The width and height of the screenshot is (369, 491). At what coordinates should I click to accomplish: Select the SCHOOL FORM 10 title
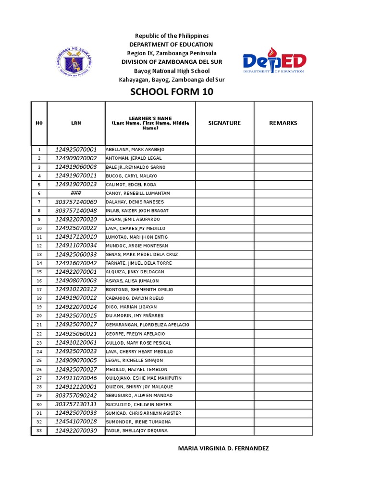pyautogui.click(x=172, y=92)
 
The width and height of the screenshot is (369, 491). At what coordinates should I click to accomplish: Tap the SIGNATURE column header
pyautogui.click(x=224, y=123)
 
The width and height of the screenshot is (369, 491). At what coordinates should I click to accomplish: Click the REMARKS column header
pyautogui.click(x=283, y=123)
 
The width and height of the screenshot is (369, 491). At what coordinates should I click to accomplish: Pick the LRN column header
pyautogui.click(x=76, y=123)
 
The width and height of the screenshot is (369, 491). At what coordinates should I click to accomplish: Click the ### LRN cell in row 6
pyautogui.click(x=76, y=193)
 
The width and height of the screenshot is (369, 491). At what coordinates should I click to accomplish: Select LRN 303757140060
pyautogui.click(x=76, y=202)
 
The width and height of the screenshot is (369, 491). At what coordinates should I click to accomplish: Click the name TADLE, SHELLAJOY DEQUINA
pyautogui.click(x=136, y=431)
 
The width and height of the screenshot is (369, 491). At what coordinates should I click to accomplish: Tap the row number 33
pyautogui.click(x=39, y=431)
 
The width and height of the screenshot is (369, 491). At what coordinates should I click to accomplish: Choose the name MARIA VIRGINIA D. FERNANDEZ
pyautogui.click(x=223, y=449)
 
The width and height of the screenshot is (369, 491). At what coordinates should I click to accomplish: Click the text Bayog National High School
pyautogui.click(x=172, y=71)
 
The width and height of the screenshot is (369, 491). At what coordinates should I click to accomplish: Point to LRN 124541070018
pyautogui.click(x=76, y=422)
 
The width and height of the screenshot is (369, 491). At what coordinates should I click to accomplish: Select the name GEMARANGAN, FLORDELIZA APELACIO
pyautogui.click(x=147, y=325)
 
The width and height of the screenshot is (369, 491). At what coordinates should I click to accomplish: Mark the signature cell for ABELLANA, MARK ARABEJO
pyautogui.click(x=224, y=150)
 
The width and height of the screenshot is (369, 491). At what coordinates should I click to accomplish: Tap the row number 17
pyautogui.click(x=39, y=290)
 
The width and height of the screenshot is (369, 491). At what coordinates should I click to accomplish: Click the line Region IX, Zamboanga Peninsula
pyautogui.click(x=172, y=53)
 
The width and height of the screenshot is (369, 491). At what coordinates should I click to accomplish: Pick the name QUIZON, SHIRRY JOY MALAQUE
pyautogui.click(x=139, y=386)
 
